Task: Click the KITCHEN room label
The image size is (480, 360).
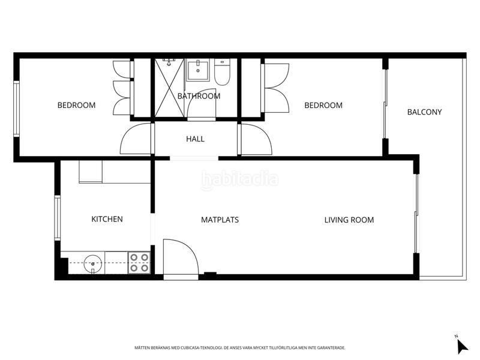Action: pyautogui.click(x=107, y=220)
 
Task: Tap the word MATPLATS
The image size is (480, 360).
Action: pyautogui.click(x=220, y=220)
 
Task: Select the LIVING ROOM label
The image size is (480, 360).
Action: pyautogui.click(x=349, y=220)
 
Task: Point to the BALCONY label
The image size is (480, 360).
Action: pyautogui.click(x=424, y=112)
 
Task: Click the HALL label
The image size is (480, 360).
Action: pyautogui.click(x=195, y=139)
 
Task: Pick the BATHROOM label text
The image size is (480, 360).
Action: pyautogui.click(x=199, y=96)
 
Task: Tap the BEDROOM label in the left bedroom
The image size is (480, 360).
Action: pyautogui.click(x=76, y=106)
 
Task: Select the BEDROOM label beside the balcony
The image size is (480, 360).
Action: pyautogui.click(x=323, y=106)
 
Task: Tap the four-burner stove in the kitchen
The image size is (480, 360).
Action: pyautogui.click(x=139, y=263)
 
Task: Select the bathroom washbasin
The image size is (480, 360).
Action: pyautogui.click(x=196, y=70)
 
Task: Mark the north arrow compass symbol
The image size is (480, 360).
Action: pyautogui.click(x=461, y=345)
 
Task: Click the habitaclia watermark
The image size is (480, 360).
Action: pyautogui.click(x=240, y=179)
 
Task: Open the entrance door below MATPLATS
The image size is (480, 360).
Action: pyautogui.click(x=180, y=258)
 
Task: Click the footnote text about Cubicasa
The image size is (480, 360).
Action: pyautogui.click(x=240, y=347)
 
